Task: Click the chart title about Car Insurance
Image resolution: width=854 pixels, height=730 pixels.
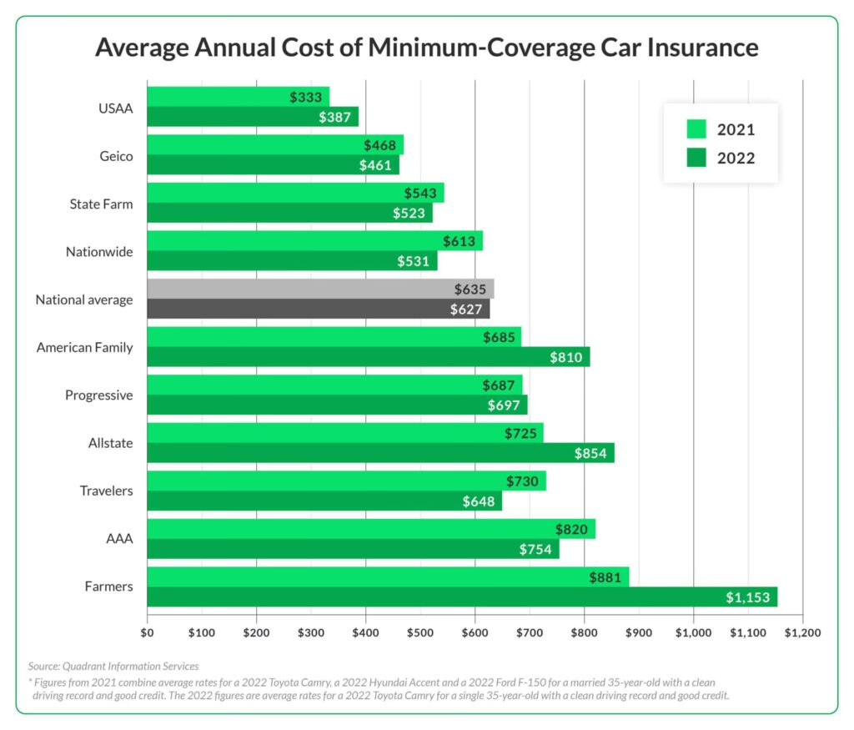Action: [x=426, y=47]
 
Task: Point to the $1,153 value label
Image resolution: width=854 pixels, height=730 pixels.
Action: [x=746, y=597]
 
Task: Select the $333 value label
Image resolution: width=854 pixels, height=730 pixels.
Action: [x=306, y=97]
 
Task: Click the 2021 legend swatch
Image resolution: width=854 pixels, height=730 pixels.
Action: [x=696, y=129]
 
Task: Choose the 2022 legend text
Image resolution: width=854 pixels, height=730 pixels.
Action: [x=736, y=158]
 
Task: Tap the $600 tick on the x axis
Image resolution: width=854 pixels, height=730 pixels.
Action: [x=475, y=632]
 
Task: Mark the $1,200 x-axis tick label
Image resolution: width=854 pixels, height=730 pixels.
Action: [x=802, y=632]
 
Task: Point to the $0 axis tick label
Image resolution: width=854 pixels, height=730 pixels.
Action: [x=147, y=632]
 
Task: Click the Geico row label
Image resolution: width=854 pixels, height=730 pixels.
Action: [x=116, y=155]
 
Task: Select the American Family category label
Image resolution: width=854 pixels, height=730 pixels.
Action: [x=84, y=347]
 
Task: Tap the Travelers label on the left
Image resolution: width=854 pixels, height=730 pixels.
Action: [x=106, y=491]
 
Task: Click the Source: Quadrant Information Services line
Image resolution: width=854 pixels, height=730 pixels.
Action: [x=113, y=666]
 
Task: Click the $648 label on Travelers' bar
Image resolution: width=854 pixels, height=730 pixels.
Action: [x=478, y=501]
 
